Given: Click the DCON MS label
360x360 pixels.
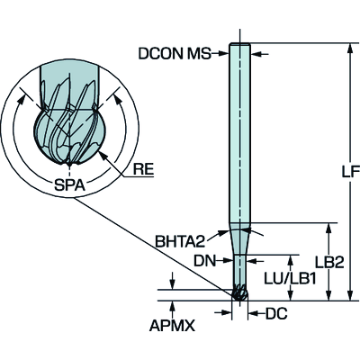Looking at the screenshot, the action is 175,54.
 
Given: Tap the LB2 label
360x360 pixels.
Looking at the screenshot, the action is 329,263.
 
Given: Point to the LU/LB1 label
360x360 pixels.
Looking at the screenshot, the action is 290,279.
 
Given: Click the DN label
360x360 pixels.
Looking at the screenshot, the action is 204,261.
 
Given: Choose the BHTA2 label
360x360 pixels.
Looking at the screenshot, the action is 180,241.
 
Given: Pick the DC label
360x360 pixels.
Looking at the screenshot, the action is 276,313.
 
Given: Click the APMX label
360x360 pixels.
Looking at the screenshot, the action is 172,326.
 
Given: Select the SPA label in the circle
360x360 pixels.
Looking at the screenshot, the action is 69,184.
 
